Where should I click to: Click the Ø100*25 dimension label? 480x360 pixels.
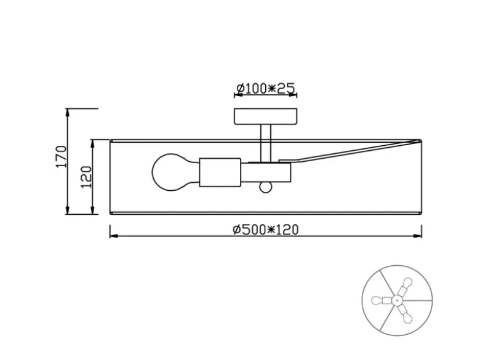266,88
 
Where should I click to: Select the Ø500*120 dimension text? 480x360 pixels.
265,230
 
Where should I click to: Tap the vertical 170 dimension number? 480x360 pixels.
61,156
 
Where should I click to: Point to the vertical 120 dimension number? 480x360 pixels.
86,177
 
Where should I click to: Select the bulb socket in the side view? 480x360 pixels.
220,172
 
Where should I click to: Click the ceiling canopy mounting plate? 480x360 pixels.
266,116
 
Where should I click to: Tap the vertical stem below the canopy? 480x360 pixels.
265,143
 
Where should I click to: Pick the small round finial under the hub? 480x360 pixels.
265,187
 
